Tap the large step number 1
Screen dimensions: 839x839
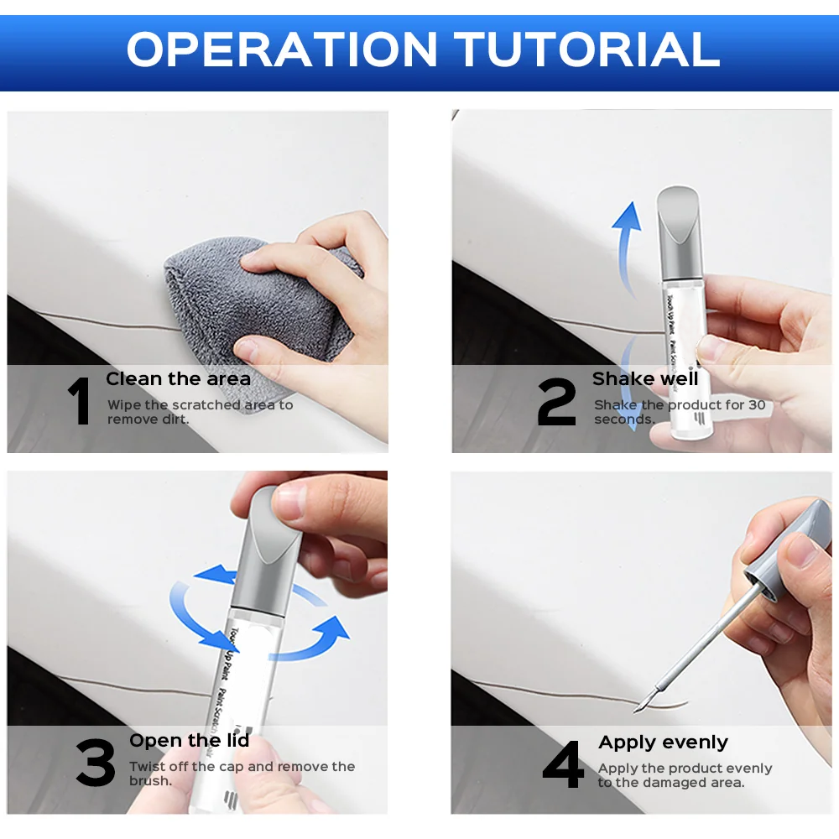80,402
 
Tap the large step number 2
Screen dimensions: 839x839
556,403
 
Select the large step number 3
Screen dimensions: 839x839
96,763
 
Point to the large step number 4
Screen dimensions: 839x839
563,765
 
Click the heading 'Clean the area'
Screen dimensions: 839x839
178,379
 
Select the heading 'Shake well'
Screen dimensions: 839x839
644,379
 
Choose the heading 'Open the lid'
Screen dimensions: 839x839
189,741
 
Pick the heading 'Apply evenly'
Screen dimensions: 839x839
663,743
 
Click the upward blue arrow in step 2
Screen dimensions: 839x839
625,231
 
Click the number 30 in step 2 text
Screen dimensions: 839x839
756,405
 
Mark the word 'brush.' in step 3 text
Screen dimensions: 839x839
150,781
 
